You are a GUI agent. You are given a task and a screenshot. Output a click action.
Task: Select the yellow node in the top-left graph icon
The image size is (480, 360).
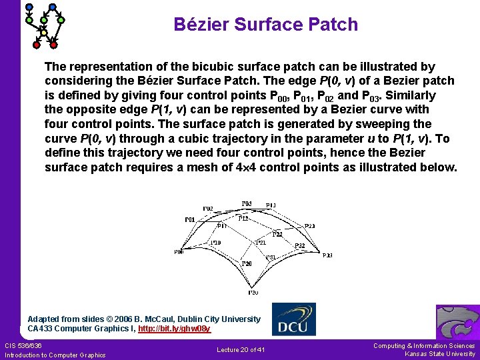point(44,32)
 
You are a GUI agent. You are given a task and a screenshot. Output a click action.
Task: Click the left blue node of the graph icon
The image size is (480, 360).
point(29,7)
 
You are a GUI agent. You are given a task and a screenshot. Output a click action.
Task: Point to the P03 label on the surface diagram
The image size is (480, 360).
point(247,203)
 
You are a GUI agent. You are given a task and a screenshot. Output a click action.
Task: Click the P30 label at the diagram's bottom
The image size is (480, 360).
point(253,292)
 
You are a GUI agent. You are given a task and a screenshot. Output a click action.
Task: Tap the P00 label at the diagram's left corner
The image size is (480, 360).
point(179,252)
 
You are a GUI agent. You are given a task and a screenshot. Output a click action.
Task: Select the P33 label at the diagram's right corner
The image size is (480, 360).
point(327,255)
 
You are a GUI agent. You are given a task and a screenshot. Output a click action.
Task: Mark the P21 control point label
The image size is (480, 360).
point(261,243)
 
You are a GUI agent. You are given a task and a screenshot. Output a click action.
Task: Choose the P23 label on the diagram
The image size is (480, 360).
point(309,226)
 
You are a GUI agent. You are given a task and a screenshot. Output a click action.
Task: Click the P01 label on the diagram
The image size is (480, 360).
point(190,219)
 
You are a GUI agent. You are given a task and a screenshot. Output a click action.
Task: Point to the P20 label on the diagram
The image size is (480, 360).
point(247,264)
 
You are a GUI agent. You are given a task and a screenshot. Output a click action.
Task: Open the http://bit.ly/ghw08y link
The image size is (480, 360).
point(174,329)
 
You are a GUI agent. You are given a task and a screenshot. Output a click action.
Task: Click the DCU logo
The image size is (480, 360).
point(294,319)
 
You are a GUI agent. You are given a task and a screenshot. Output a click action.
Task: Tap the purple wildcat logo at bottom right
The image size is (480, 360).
point(457,322)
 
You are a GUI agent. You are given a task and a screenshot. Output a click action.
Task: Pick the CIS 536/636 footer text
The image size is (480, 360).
point(23,345)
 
